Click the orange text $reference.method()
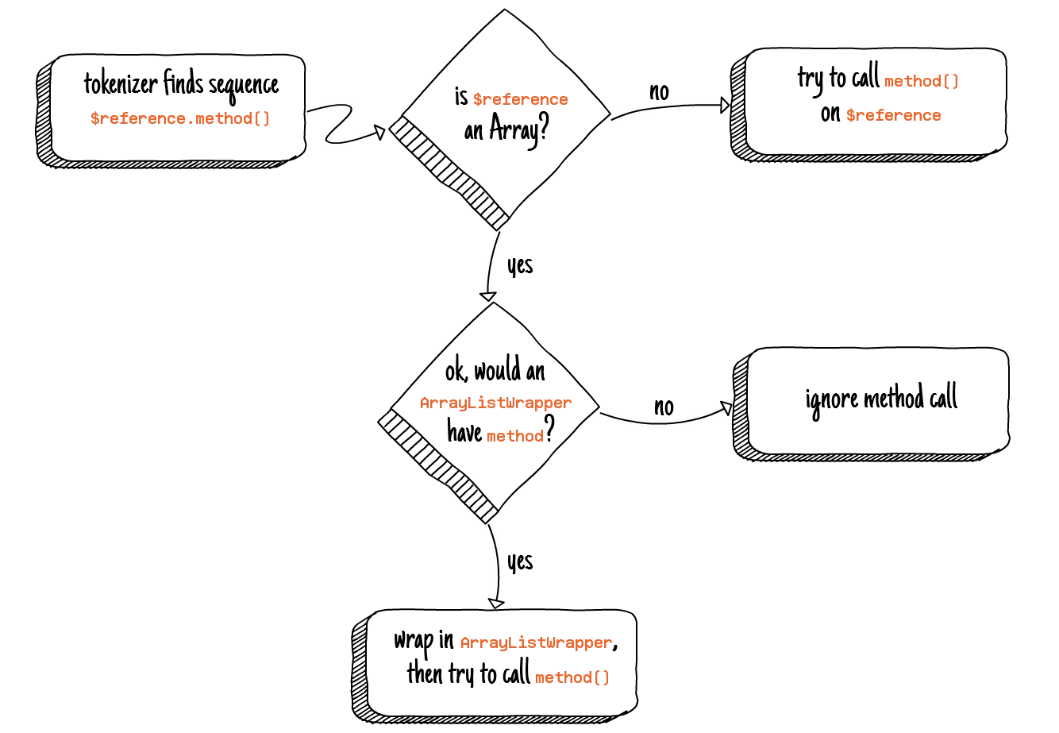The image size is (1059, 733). (x=180, y=118)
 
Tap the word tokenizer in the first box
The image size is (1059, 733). (x=121, y=83)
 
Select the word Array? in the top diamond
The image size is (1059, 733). (x=519, y=129)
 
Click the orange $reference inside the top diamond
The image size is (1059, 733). (x=520, y=99)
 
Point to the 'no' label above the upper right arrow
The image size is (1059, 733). (x=659, y=92)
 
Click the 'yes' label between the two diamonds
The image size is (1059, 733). (x=520, y=265)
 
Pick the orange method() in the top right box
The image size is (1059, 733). (x=922, y=81)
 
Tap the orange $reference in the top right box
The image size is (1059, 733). (x=893, y=115)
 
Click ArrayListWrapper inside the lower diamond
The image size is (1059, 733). (x=495, y=403)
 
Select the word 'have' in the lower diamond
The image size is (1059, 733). (x=464, y=432)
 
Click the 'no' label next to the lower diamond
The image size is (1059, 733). (x=664, y=407)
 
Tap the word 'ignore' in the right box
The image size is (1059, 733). (x=832, y=399)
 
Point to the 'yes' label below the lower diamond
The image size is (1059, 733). (x=520, y=561)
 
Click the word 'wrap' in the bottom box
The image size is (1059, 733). (x=414, y=641)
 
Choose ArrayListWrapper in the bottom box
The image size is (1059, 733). (x=536, y=642)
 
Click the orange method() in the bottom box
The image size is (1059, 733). (x=572, y=677)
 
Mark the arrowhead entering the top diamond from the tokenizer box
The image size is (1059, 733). (x=380, y=132)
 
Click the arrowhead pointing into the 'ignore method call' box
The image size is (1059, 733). (x=726, y=407)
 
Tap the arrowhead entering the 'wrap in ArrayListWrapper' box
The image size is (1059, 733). (x=496, y=604)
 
